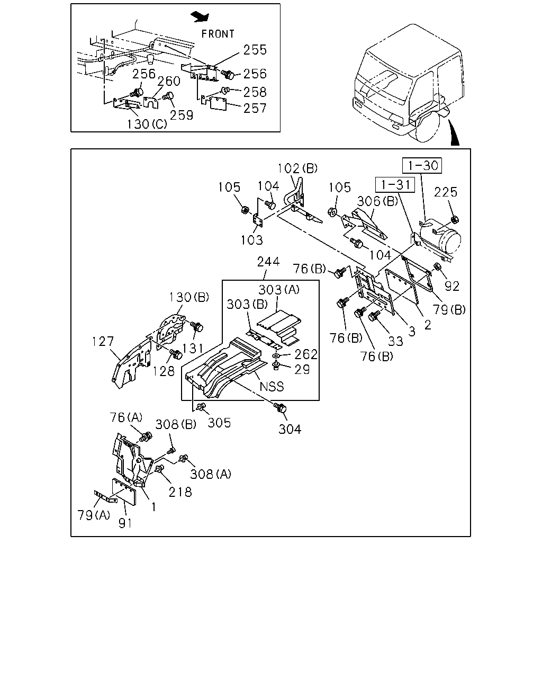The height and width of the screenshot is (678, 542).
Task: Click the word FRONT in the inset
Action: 218,34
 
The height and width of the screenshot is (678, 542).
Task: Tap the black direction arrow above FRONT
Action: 200,17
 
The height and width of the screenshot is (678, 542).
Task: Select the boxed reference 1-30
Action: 422,165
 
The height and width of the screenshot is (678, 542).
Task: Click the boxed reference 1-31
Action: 395,185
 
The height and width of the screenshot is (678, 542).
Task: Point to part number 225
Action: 445,192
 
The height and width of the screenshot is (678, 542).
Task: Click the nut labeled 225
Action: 455,220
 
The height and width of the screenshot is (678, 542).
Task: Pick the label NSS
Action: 272,386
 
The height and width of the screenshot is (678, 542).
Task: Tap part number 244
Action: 268,262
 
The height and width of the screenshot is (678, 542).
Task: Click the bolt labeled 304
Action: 279,408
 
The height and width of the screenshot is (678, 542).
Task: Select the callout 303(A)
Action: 279,290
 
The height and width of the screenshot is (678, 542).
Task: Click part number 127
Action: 103,342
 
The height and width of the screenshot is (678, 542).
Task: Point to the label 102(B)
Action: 297,168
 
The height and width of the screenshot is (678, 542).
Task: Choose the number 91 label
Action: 125,523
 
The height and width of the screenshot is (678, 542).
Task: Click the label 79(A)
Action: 94,515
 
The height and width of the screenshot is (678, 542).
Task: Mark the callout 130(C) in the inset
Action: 147,124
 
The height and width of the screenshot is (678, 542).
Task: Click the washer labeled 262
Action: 276,356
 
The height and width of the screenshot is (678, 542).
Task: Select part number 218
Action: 180,492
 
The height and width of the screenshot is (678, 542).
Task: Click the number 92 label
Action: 452,286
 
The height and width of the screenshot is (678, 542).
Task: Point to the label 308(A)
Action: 211,474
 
